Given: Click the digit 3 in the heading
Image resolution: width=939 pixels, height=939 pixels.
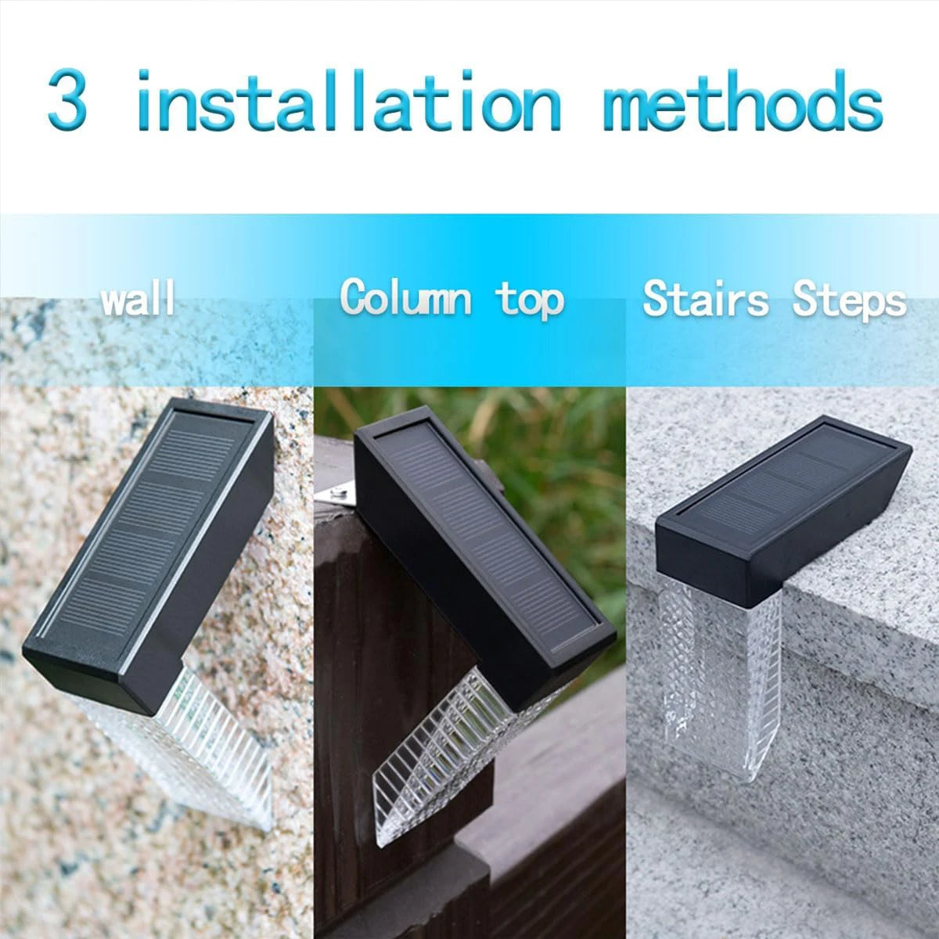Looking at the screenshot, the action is pos(67,99).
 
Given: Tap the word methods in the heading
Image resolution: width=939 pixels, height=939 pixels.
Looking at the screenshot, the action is pos(743,99).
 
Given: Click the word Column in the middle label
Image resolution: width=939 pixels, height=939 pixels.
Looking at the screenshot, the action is pos(405,297).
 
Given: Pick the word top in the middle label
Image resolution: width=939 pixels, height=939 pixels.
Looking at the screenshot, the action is pos(530,300).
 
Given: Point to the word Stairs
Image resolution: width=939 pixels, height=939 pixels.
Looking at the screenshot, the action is pos(705,298).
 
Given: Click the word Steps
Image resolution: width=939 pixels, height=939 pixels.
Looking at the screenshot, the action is pos(849,300).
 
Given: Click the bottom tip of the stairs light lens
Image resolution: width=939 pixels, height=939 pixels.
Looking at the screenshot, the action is pos(750,782).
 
